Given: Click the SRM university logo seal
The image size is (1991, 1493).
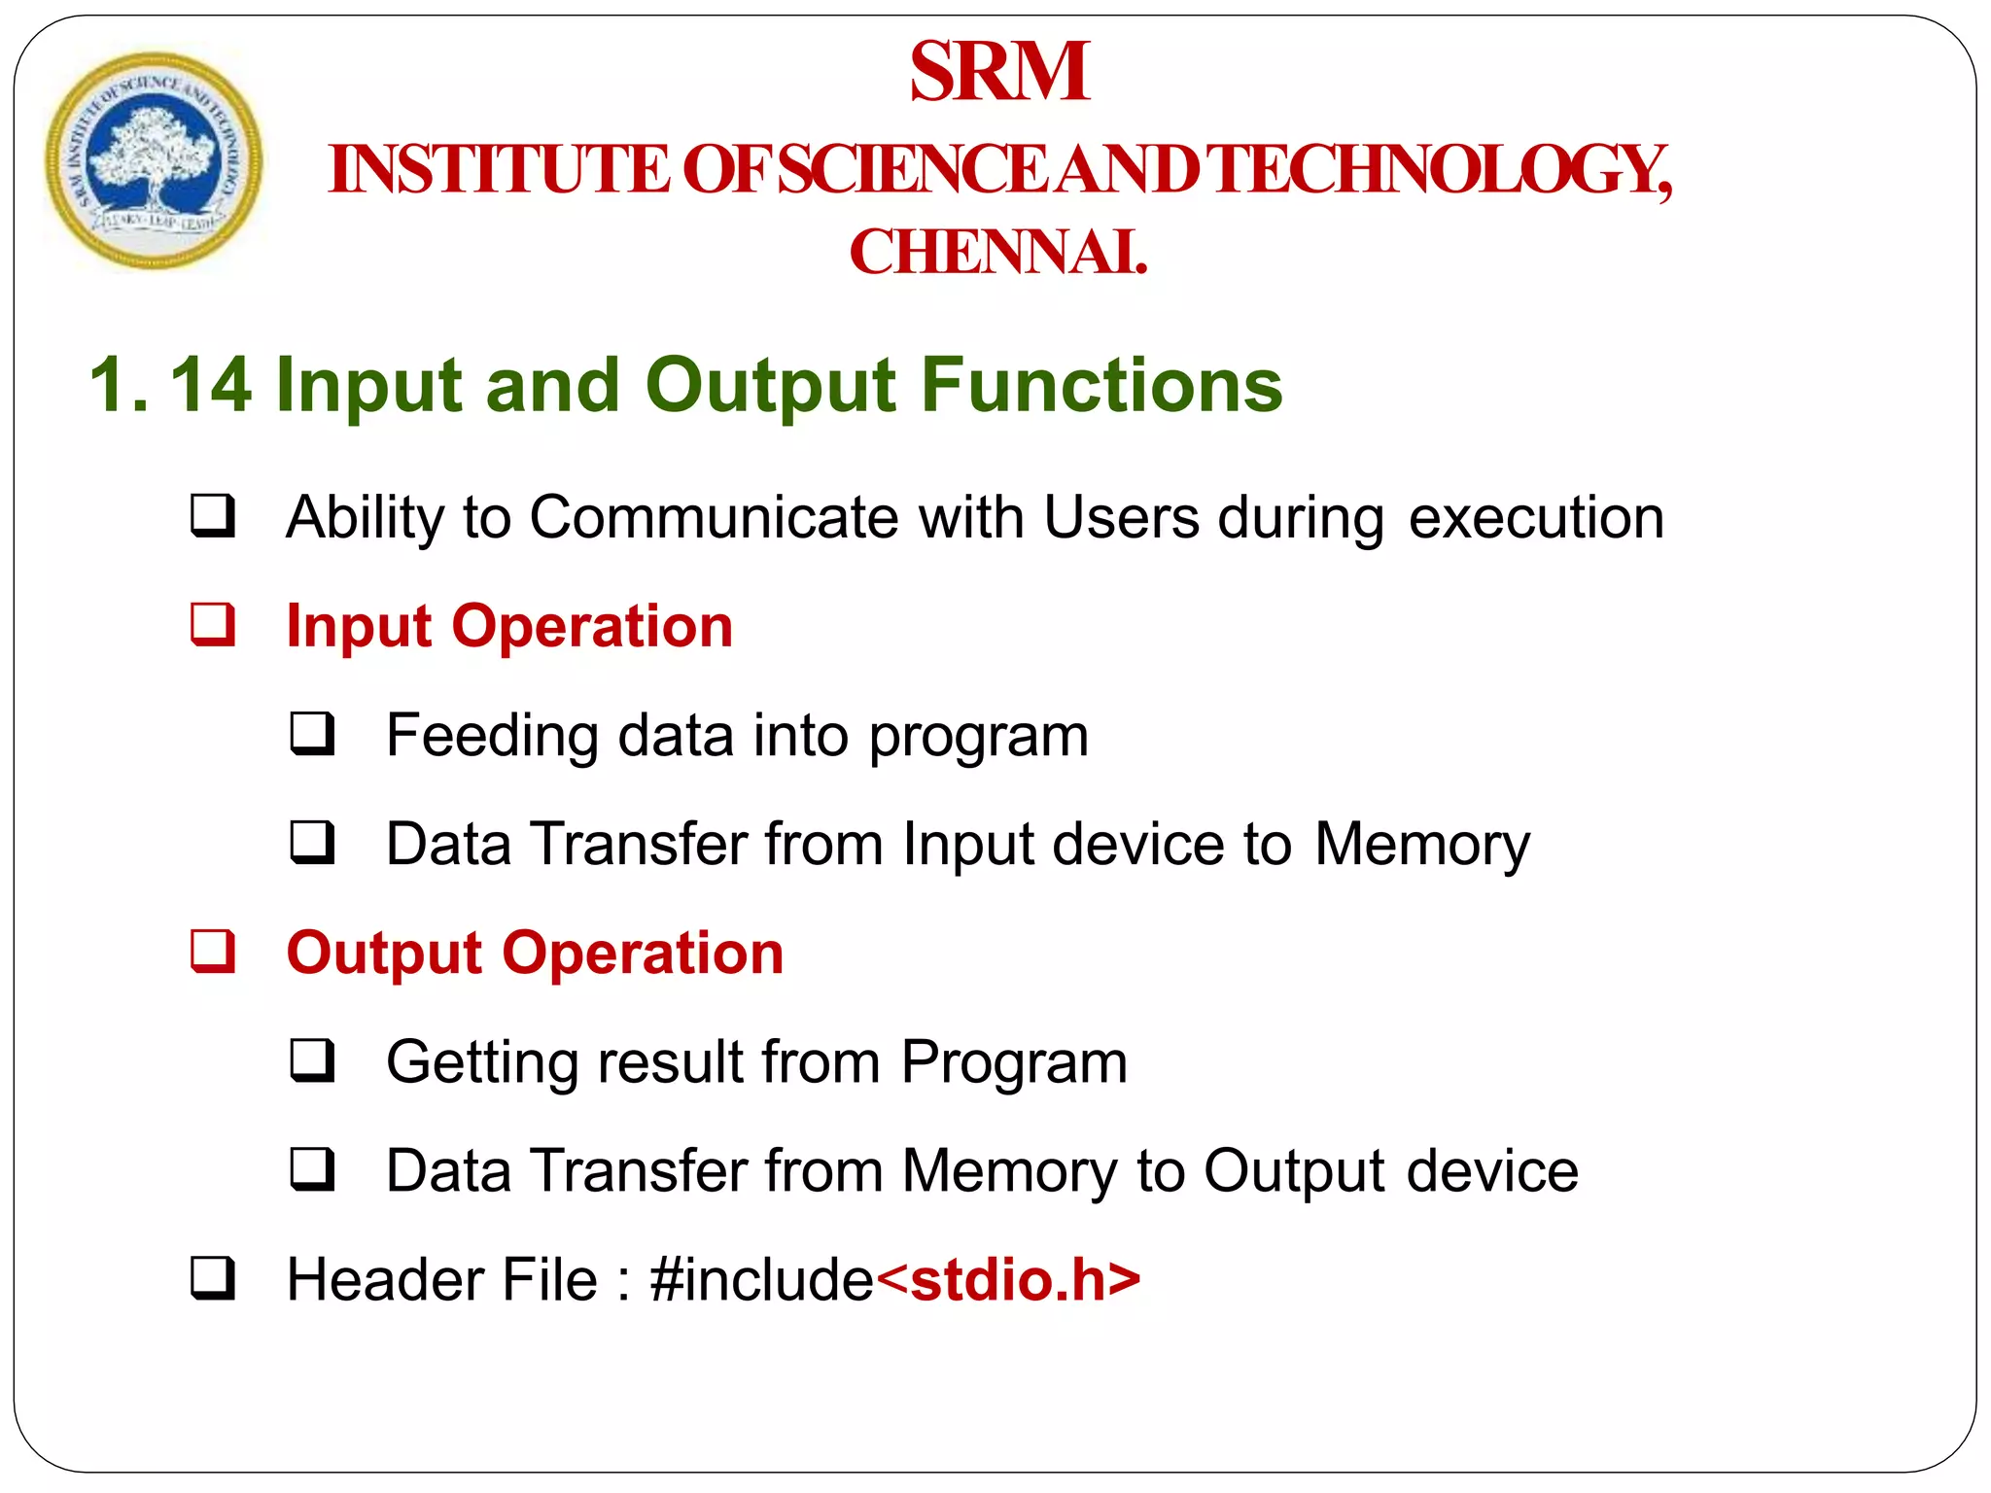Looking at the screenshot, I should pos(154,160).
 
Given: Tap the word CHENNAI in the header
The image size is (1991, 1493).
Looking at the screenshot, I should pos(998,253).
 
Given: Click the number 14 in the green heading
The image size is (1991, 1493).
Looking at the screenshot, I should pos(211,385).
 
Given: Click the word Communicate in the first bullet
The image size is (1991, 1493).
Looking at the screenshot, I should pos(714,517).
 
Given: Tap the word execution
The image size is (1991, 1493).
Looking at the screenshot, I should pos(1536,517).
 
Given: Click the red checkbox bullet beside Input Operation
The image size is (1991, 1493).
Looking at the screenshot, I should pos(213,624).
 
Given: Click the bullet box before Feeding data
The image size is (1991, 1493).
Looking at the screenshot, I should pos(312,734).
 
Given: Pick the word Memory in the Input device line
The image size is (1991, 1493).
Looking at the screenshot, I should pos(1422,844).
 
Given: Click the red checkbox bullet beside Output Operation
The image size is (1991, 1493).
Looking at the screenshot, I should pos(213,951).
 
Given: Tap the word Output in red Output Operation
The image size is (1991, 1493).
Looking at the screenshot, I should pos(385,953).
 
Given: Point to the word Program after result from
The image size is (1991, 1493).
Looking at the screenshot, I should pos(1014,1062).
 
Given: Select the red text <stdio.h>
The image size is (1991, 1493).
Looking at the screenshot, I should pos(1008,1279).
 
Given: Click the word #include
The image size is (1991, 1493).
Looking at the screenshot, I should pos(762,1279).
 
